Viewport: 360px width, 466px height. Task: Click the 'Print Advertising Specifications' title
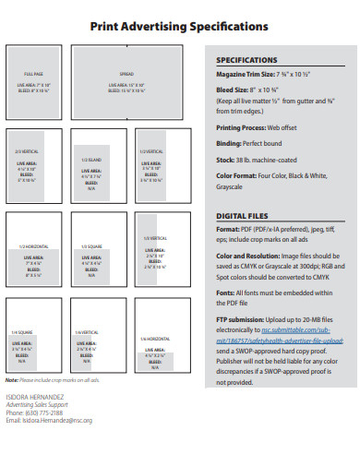pyautogui.click(x=179, y=28)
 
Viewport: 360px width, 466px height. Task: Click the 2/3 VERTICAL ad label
pyautogui.click(x=25, y=150)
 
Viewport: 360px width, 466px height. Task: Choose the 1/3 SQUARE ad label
pyautogui.click(x=90, y=246)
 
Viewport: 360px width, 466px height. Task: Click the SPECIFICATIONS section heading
pyautogui.click(x=246, y=59)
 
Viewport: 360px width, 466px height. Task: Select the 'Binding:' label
pyautogui.click(x=228, y=143)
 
